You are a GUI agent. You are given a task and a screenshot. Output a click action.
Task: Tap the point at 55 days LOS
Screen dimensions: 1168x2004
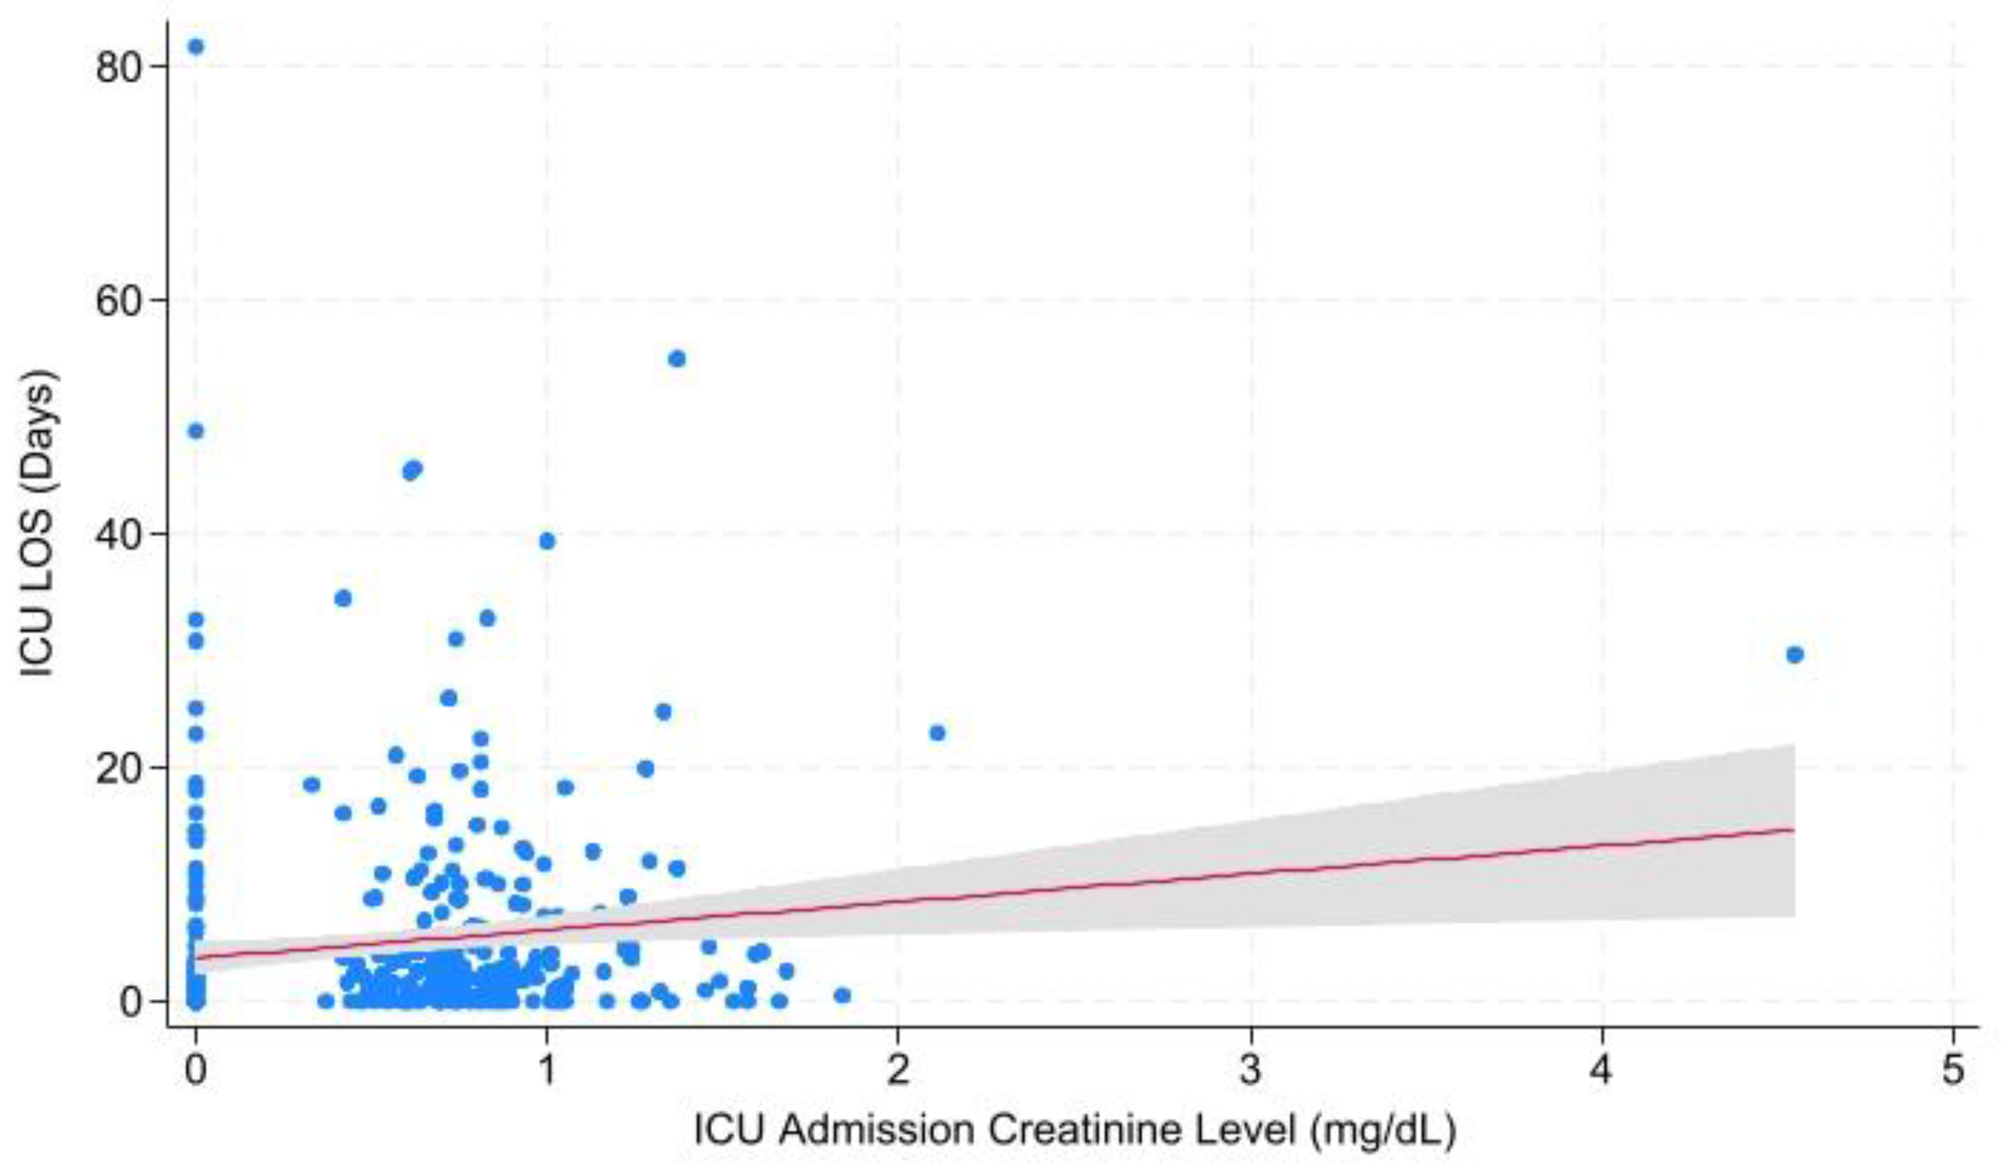pos(677,359)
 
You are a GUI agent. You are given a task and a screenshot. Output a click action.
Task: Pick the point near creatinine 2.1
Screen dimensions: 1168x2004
pos(937,733)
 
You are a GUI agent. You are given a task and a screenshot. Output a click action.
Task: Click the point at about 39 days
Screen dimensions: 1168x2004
pos(547,541)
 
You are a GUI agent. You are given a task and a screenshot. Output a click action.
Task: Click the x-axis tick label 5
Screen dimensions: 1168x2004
pos(1953,1070)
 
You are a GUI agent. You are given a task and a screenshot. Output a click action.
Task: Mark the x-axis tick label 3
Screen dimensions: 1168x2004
pos(1250,1070)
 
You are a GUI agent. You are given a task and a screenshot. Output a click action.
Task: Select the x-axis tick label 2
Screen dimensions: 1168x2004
pos(898,1070)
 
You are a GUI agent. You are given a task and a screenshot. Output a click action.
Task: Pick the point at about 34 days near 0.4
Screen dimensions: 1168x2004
pos(343,598)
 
